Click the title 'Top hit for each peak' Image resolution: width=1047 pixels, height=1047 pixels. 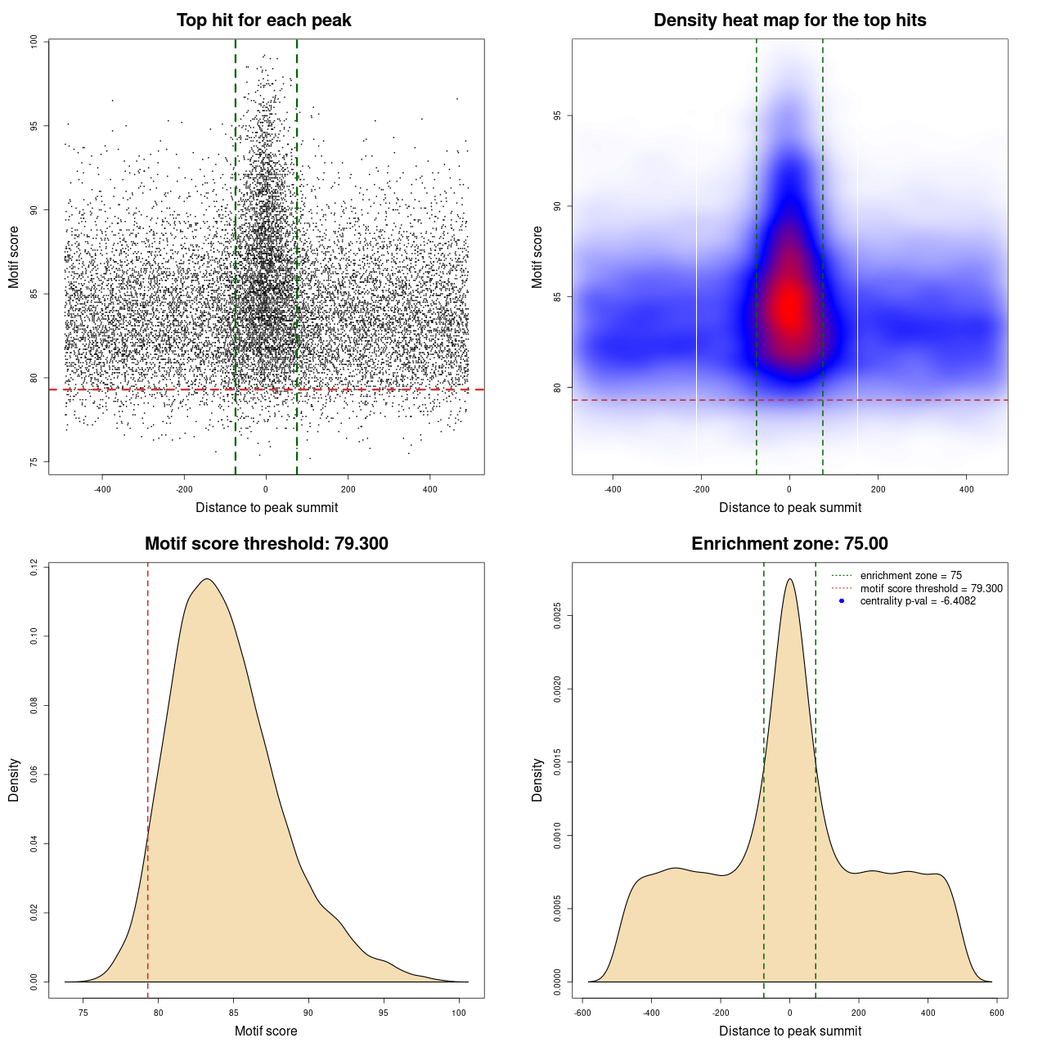[263, 20]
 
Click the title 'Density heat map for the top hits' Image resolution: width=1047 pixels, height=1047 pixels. [789, 20]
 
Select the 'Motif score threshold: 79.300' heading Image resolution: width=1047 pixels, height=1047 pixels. [266, 544]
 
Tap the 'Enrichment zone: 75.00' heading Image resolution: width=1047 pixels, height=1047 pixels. [789, 544]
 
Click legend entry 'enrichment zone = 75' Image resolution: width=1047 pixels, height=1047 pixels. [910, 576]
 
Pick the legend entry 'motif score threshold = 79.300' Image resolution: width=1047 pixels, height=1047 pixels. [931, 588]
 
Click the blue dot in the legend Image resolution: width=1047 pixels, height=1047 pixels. [842, 601]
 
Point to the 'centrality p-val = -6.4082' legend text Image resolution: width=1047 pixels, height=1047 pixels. [918, 601]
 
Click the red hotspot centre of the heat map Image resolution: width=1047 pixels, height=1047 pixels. [789, 308]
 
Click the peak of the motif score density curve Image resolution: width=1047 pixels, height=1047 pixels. [207, 579]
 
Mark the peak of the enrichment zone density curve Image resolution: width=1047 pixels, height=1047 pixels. [789, 579]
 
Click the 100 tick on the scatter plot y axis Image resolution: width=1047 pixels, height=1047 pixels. [34, 42]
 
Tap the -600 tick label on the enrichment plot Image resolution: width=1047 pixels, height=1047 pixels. [582, 1013]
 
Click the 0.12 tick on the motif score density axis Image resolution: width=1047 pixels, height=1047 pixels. [34, 567]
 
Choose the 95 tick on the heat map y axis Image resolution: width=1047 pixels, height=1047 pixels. [557, 116]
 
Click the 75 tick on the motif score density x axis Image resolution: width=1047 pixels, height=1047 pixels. [83, 1013]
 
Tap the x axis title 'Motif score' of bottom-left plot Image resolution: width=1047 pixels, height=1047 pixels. [266, 1031]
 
